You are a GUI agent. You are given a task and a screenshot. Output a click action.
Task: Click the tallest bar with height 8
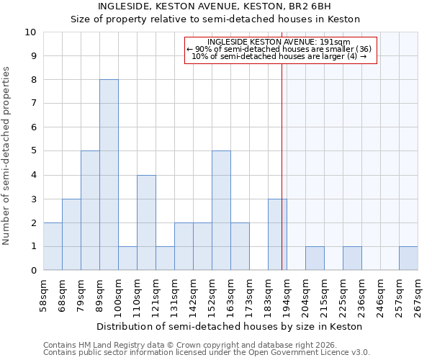109,175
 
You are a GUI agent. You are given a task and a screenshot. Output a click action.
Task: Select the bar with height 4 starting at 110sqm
146,222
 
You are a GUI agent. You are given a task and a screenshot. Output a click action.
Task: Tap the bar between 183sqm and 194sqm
277,235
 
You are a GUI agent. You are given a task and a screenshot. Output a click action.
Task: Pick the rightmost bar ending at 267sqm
408,258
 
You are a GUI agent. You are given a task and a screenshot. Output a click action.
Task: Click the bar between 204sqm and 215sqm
315,258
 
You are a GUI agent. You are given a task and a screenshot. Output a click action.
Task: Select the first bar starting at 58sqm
53,246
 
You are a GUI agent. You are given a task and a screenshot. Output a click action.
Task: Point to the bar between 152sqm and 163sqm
221,210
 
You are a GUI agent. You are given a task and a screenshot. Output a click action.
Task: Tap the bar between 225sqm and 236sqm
352,258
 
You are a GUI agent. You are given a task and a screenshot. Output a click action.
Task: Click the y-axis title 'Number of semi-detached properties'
7,156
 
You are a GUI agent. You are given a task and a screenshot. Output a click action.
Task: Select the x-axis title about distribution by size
230,326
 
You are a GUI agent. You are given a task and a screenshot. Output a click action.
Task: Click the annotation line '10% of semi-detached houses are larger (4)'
281,56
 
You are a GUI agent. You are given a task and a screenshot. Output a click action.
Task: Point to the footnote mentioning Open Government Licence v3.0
207,353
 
